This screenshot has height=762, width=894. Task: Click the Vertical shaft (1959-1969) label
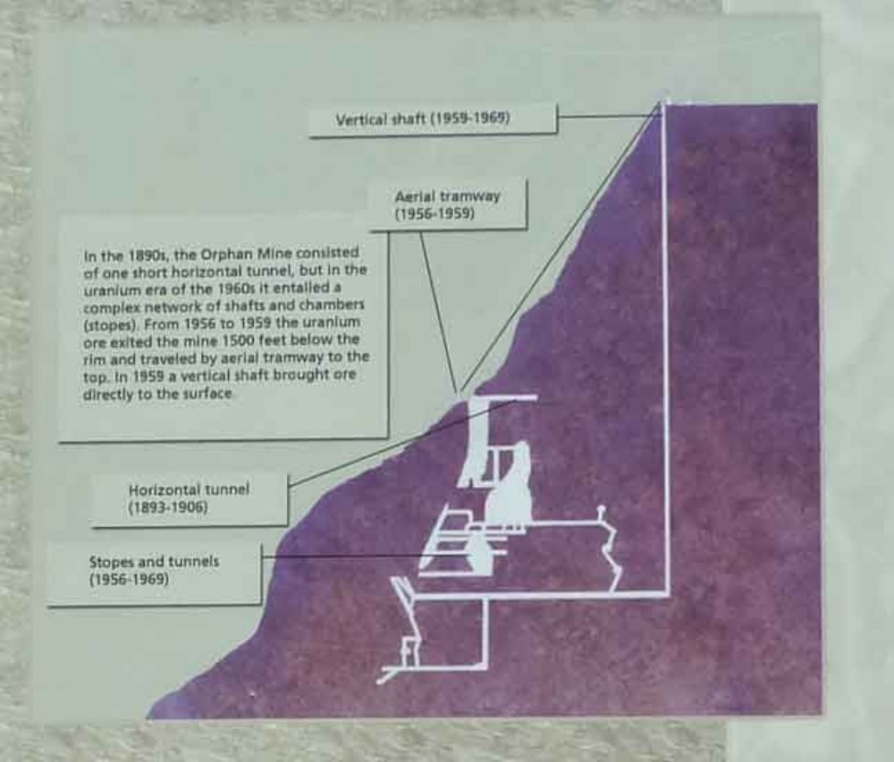click(423, 119)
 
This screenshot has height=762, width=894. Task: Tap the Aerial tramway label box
click(448, 205)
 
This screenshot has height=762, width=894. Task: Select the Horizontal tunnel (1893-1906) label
click(189, 498)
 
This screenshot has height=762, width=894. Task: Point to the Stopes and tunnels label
click(154, 570)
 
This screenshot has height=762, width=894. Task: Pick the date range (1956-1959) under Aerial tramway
click(434, 214)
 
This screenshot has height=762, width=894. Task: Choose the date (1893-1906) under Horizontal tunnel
click(168, 507)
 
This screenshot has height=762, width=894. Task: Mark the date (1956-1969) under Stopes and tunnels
click(129, 580)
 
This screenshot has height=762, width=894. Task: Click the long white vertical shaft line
click(665, 348)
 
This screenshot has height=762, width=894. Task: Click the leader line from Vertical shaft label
click(609, 115)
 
